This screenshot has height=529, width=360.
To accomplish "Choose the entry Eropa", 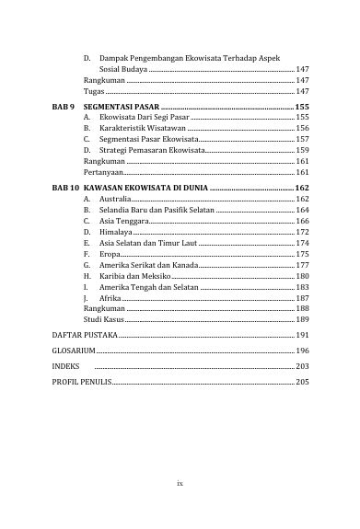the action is (112, 254).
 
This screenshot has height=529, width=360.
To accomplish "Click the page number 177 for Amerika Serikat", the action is (302, 265).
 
